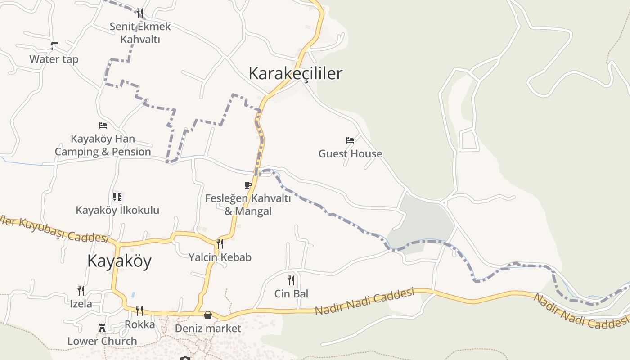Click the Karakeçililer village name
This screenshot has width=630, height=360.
(295, 73)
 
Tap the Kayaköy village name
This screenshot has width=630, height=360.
(119, 261)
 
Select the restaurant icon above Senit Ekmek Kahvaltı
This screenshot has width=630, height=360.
(140, 13)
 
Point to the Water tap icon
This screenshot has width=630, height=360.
(54, 45)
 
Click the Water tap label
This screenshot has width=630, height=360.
(54, 59)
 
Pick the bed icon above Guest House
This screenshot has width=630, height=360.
(350, 140)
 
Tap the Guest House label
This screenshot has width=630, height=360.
(350, 153)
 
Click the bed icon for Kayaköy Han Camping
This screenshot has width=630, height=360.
(103, 126)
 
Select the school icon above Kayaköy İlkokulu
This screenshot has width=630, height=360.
(117, 197)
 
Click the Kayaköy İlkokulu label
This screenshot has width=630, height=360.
(117, 210)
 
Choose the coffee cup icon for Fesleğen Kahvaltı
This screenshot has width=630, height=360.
(248, 185)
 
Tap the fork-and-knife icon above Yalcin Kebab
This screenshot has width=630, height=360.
(220, 244)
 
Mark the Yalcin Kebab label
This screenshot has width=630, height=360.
(220, 257)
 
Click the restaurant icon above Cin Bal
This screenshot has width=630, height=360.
(291, 280)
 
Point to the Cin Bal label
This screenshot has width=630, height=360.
(291, 294)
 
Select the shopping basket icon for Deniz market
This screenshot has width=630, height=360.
(208, 315)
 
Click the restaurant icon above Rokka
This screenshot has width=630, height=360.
(139, 310)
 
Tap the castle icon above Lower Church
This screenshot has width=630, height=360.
(102, 328)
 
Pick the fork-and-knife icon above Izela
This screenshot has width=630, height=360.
(81, 290)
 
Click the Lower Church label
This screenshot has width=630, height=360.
(102, 341)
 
